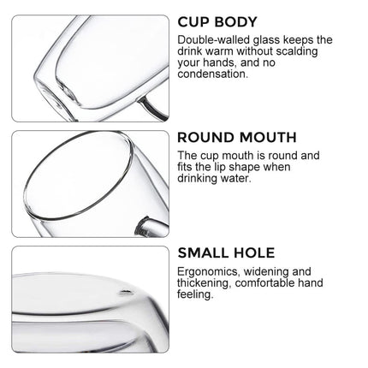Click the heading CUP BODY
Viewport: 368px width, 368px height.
click(217, 22)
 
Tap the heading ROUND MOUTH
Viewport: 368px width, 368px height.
click(237, 138)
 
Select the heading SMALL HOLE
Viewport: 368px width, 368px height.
click(226, 252)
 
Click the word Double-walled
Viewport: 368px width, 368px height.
click(214, 39)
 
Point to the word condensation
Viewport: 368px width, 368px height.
click(213, 74)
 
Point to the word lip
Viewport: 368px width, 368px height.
click(219, 168)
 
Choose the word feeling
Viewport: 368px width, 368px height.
click(195, 294)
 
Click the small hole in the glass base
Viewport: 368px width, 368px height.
click(126, 292)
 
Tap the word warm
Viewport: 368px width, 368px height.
click(220, 51)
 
